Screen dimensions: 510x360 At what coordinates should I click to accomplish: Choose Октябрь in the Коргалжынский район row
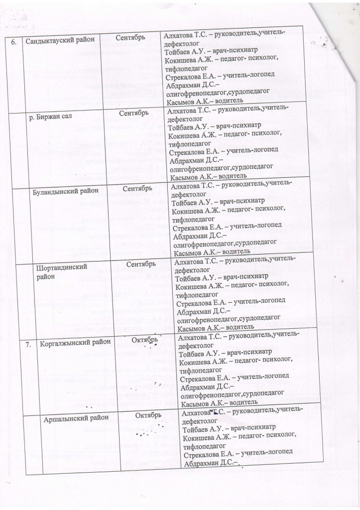[147, 340]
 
